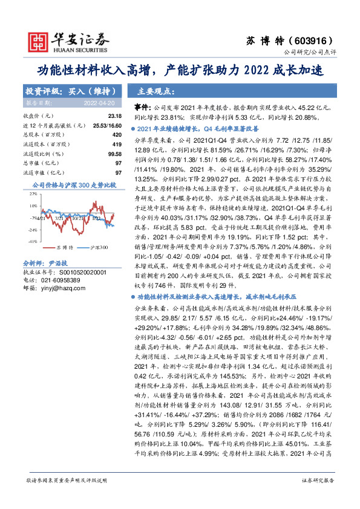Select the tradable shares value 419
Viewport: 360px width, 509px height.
pyautogui.click(x=117, y=145)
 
